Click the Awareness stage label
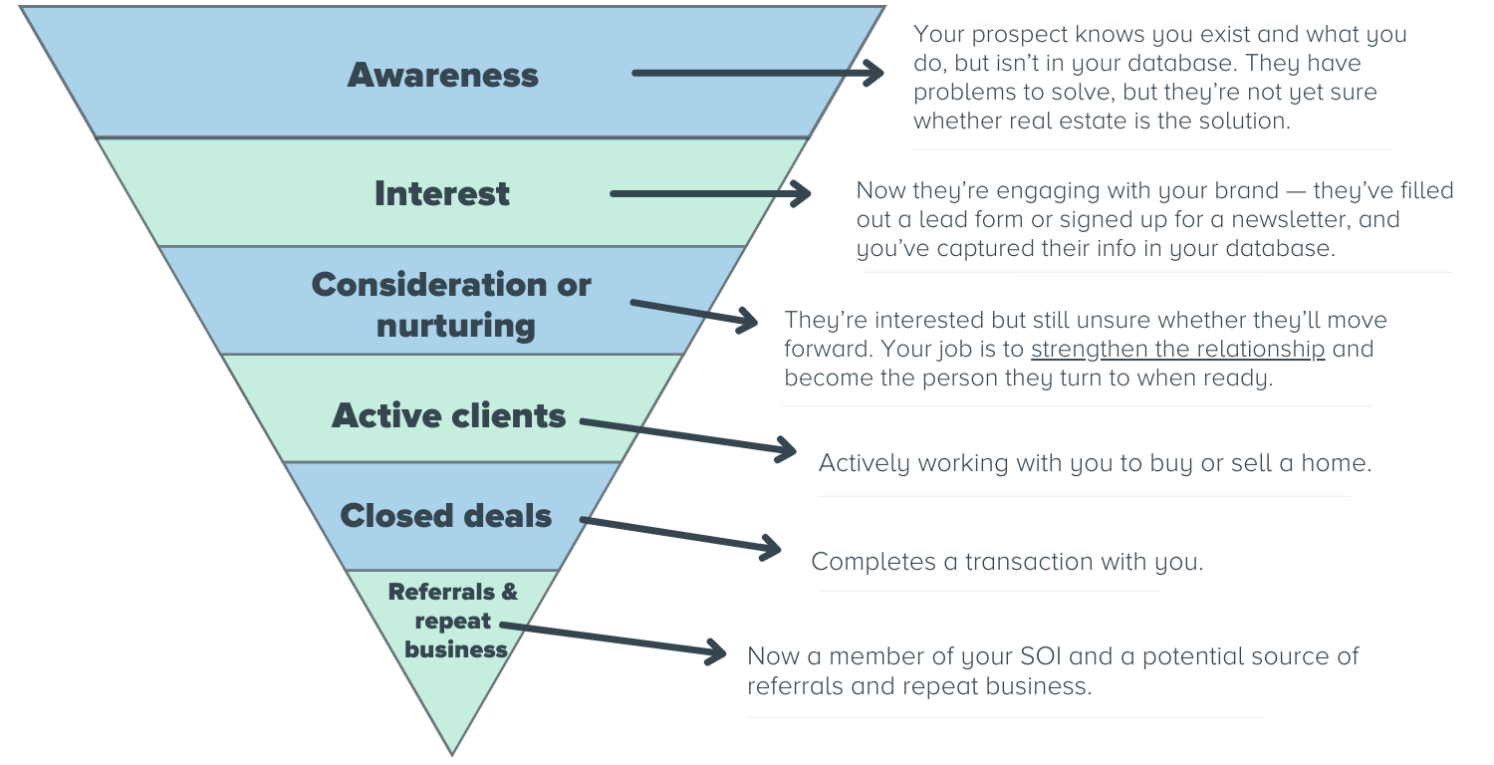point(442,75)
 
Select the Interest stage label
point(441,193)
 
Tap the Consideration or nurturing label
point(451,305)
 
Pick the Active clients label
point(448,415)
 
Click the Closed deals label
point(445,516)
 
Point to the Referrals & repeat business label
point(454,621)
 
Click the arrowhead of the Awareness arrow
point(873,72)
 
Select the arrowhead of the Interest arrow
point(801,193)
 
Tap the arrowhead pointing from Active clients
point(786,450)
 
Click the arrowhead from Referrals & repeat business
point(716,652)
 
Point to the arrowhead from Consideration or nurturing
point(747,320)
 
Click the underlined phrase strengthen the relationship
point(1177,350)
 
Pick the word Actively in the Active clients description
point(864,464)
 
